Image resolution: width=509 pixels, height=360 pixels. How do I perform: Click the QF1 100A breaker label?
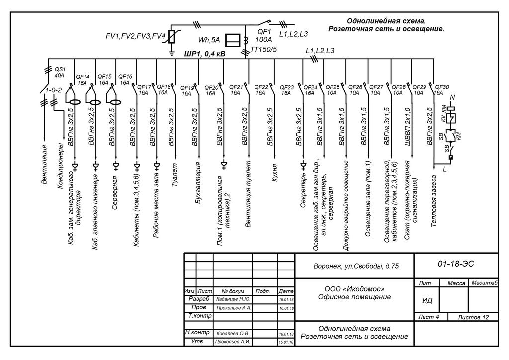[x=263, y=36]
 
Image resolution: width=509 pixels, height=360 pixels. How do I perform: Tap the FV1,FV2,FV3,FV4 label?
[x=135, y=36]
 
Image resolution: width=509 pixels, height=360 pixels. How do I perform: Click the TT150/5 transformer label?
[x=263, y=50]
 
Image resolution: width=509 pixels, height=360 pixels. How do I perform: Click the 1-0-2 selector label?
[x=53, y=90]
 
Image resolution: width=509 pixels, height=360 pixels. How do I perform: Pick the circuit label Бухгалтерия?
[x=197, y=183]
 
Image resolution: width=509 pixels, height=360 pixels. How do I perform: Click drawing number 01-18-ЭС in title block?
[x=456, y=264]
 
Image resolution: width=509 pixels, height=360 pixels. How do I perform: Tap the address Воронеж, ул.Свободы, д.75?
[x=356, y=267]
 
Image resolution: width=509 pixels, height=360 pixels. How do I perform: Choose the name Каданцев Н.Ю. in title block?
[x=233, y=299]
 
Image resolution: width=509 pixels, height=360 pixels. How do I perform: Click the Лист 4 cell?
[x=429, y=317]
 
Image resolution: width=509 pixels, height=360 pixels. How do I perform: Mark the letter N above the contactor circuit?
[x=452, y=97]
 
